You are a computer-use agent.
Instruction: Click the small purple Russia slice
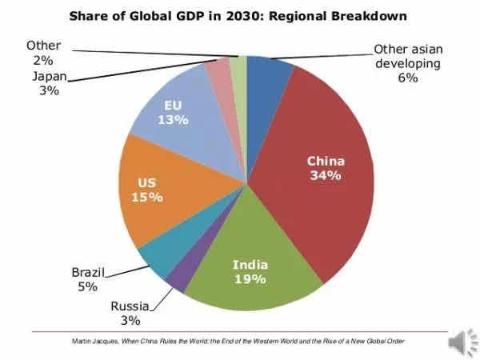point(178,278)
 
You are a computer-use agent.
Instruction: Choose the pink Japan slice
point(218,72)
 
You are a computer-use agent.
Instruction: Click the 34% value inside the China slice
point(326,175)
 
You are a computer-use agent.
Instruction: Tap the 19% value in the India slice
point(250,279)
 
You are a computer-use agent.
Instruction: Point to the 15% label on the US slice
point(147,197)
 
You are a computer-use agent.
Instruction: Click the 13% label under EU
point(173,120)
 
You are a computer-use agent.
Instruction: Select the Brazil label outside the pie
point(87,271)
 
